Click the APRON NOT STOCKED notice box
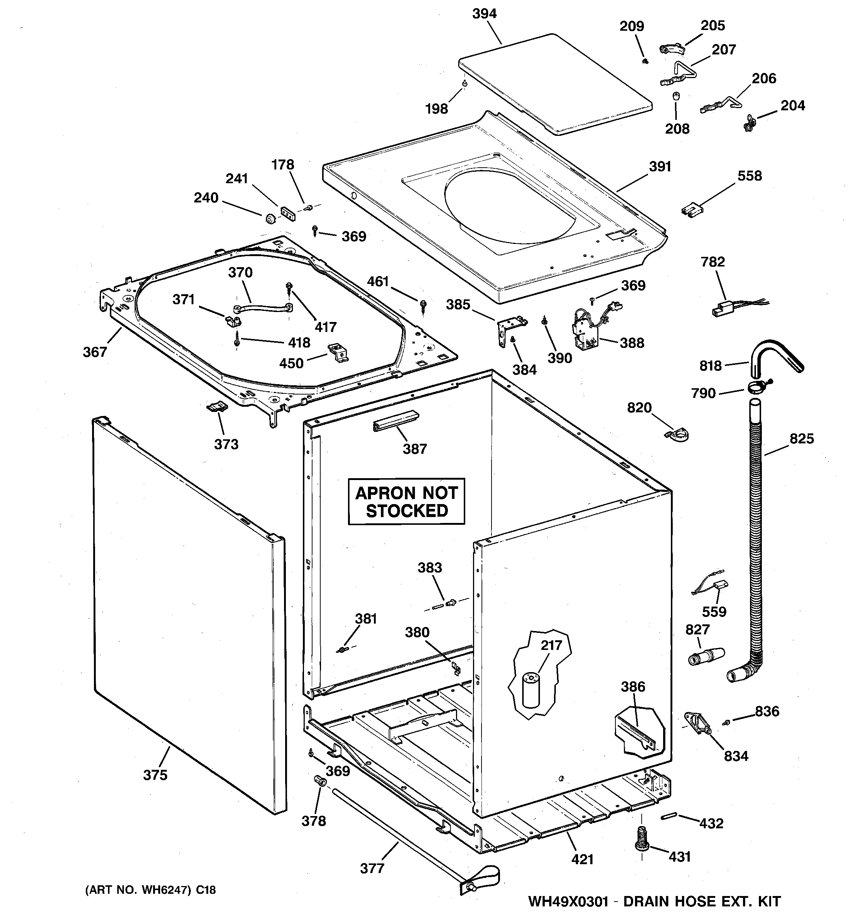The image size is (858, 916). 406,501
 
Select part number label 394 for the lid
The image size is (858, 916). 484,14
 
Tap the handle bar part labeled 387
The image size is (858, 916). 395,421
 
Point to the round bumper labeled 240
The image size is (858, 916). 270,218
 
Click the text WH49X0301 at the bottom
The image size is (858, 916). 568,901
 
